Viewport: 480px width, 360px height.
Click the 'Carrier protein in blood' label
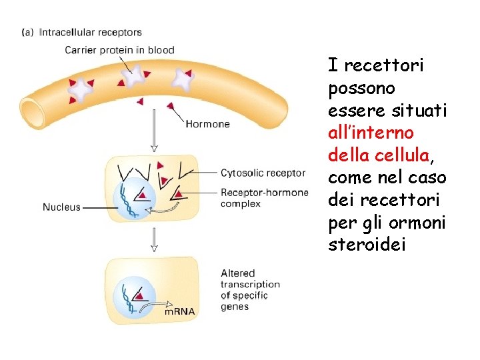tap(119, 49)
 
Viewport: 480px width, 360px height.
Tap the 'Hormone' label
tap(207, 123)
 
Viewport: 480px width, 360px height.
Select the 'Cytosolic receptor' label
tap(263, 173)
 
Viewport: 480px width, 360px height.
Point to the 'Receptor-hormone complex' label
tap(264, 198)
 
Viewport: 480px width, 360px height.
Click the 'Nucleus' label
tap(61, 207)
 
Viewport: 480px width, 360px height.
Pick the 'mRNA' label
tap(180, 311)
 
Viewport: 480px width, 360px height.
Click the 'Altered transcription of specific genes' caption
tap(250, 290)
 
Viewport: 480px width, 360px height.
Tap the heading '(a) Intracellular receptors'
tap(82, 31)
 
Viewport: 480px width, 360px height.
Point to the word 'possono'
tap(362, 88)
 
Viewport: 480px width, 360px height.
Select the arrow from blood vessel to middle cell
tap(155, 129)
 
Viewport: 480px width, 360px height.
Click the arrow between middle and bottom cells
tap(155, 238)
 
